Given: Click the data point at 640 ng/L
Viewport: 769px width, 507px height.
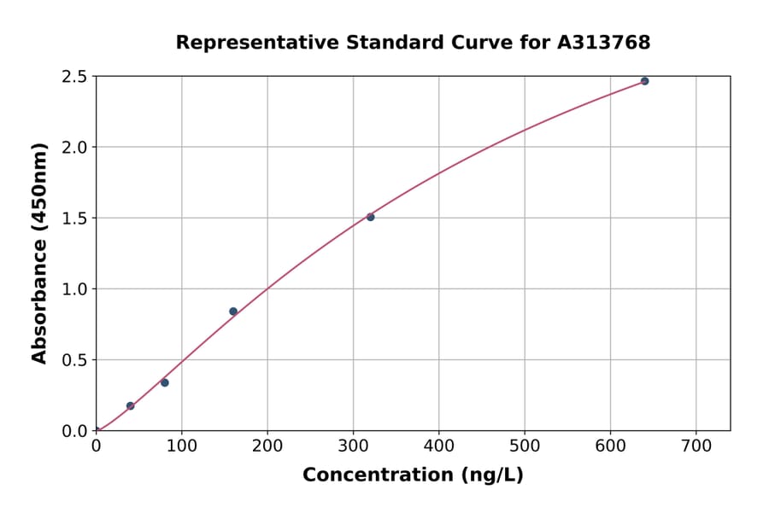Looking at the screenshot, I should [x=644, y=81].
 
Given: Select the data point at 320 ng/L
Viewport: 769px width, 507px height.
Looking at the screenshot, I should [x=370, y=217].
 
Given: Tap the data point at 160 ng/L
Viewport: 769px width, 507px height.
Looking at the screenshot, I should [x=233, y=312].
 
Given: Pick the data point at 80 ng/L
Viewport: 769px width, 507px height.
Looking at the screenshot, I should [x=165, y=382].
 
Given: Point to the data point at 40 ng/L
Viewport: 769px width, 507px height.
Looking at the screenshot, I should [x=130, y=405].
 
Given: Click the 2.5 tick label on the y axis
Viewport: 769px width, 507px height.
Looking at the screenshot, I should [x=75, y=77].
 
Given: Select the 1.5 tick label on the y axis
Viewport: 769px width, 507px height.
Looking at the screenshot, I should [x=75, y=219].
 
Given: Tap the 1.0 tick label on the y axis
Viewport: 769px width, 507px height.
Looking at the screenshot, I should [x=75, y=289].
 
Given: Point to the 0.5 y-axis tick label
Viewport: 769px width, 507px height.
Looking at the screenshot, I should [x=75, y=360].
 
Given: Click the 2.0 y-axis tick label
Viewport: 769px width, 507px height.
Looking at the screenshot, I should [x=75, y=148].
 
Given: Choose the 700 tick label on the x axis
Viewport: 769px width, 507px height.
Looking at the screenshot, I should [x=696, y=446].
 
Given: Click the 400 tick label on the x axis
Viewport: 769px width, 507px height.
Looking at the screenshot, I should [x=438, y=446].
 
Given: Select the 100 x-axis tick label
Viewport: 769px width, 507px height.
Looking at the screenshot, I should [x=181, y=446].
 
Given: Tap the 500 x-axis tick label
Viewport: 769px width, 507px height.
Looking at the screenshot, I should [x=525, y=446].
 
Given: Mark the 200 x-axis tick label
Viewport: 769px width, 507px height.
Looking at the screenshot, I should [x=267, y=446].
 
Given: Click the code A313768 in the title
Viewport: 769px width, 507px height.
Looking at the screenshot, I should [x=604, y=42].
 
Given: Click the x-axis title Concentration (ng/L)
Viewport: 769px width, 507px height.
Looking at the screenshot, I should [x=413, y=475].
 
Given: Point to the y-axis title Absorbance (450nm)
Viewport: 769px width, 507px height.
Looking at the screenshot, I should [x=39, y=253].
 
